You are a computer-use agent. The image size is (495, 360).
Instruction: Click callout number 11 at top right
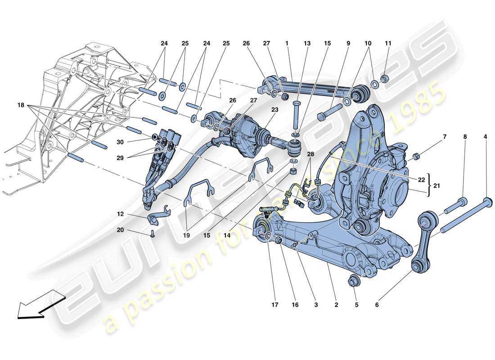(x=388, y=44)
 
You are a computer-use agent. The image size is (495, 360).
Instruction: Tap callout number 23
(x=275, y=109)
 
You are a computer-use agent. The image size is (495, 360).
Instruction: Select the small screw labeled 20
(x=153, y=233)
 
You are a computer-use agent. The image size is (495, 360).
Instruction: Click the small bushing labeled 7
(x=416, y=156)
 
